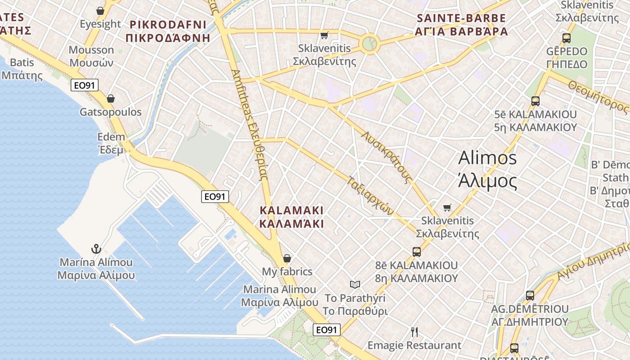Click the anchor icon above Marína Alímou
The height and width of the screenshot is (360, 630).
[x=96, y=249]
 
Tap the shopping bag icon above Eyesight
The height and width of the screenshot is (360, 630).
[x=100, y=10]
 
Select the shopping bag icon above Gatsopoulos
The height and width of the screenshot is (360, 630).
[x=111, y=99]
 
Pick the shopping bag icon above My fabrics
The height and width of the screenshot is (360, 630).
[x=287, y=258]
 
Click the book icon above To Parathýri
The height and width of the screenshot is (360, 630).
[x=355, y=284]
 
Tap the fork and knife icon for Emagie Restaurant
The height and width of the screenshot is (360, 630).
[x=414, y=332]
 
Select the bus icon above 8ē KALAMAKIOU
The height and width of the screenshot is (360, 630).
[x=417, y=252]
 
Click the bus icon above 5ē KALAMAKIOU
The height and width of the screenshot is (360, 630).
[x=535, y=101]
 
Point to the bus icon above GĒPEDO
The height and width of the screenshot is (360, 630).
[x=567, y=38]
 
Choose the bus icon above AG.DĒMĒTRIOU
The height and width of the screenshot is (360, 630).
[x=530, y=296]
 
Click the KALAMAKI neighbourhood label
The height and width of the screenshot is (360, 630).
[x=292, y=216]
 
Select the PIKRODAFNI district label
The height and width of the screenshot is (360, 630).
[x=168, y=31]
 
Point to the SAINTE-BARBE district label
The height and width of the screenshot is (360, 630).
[x=462, y=25]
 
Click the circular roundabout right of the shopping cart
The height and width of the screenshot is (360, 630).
[x=369, y=44]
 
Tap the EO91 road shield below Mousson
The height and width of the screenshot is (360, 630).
[x=85, y=85]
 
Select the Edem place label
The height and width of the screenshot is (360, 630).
[x=111, y=143]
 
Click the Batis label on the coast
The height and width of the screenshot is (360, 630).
[x=22, y=68]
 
